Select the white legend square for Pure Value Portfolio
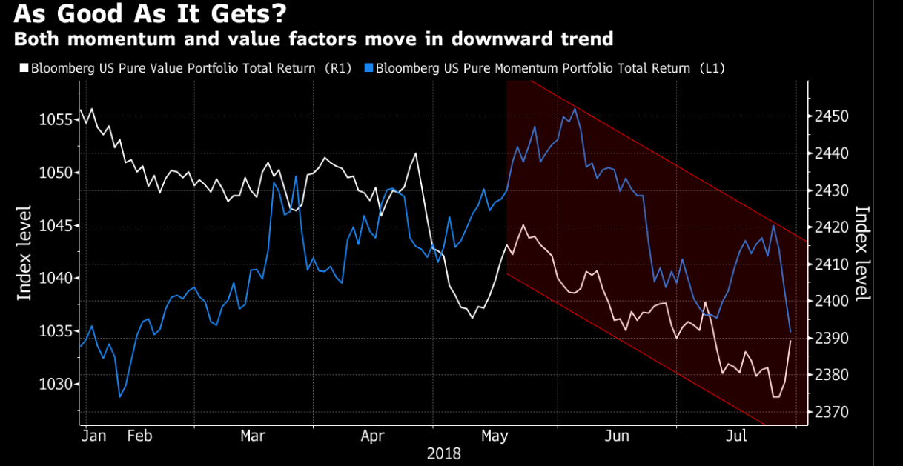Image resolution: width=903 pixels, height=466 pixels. tap(23, 68)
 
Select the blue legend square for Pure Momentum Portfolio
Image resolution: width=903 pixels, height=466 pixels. tap(368, 68)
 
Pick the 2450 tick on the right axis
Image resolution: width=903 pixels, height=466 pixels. tap(831, 117)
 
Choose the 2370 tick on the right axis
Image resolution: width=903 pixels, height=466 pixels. tap(831, 412)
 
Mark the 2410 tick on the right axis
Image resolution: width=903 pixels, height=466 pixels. tap(831, 264)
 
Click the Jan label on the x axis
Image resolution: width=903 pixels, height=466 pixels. tap(95, 436)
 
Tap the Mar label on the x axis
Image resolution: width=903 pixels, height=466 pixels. tap(253, 436)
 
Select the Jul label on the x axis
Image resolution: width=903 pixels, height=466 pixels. tap(736, 436)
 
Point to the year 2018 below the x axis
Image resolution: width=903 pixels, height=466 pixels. tap(443, 453)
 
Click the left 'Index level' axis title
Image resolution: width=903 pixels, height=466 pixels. tap(24, 253)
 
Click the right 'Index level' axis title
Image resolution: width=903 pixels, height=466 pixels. tap(862, 253)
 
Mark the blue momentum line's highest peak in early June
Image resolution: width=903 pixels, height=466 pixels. tap(575, 109)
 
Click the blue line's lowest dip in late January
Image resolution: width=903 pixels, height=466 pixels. tap(119, 397)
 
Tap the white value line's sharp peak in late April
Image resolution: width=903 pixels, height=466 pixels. tap(415, 153)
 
